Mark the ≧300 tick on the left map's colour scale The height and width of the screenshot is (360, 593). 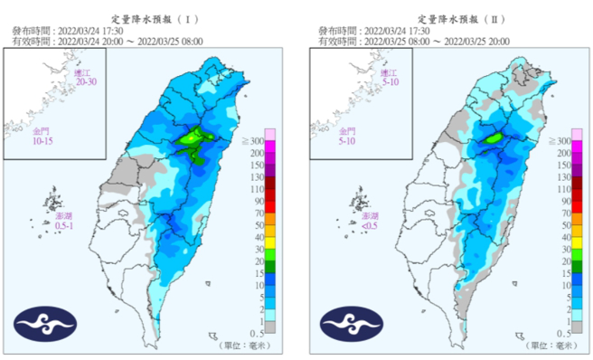pos(255,142)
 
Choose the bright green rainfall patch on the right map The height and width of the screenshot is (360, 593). pos(494,139)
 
